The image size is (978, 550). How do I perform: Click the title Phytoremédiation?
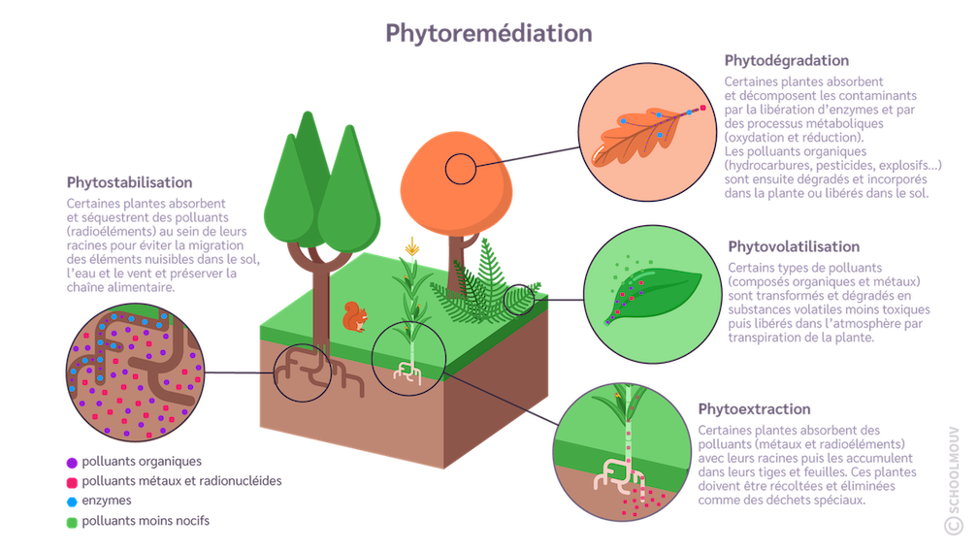[488, 33]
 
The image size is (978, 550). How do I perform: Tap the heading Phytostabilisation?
[129, 182]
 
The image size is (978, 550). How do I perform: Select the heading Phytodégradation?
[786, 61]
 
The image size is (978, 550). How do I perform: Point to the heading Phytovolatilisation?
[793, 247]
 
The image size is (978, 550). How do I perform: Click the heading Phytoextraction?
[754, 409]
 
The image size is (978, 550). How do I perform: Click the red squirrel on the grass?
[356, 315]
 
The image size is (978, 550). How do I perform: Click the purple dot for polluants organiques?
[71, 462]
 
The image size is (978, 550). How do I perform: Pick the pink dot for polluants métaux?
[71, 481]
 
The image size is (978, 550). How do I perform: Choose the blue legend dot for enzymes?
[71, 501]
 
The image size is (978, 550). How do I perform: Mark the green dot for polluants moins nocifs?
[71, 521]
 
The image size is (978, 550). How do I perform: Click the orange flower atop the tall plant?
[412, 247]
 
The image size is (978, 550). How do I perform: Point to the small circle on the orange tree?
[460, 170]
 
